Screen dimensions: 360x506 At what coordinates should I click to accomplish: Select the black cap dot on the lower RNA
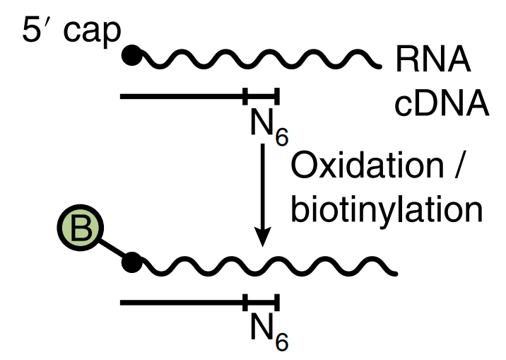coord(131,265)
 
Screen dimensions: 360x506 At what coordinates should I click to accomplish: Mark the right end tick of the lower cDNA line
coord(278,303)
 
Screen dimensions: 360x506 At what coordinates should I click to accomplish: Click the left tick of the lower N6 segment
coord(245,303)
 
